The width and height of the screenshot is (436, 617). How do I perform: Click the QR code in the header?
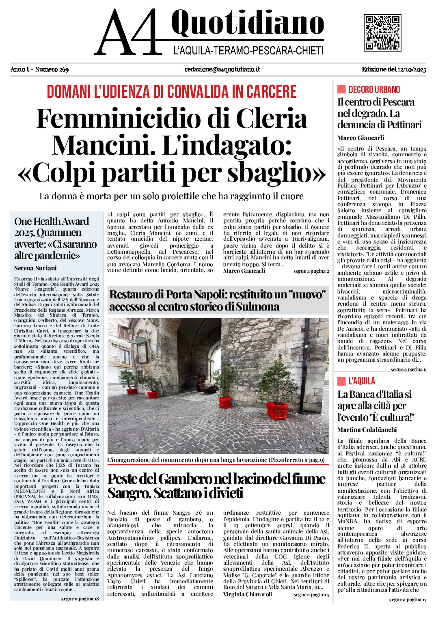(x=382, y=32)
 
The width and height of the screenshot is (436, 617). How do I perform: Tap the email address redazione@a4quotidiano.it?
(x=222, y=69)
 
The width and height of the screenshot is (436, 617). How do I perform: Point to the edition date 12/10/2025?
(x=412, y=69)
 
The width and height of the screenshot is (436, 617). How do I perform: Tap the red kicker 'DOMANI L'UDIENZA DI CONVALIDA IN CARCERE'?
(x=172, y=92)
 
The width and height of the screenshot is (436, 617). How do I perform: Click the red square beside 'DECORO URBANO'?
(x=341, y=89)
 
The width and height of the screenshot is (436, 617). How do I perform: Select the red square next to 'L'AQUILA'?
(x=341, y=381)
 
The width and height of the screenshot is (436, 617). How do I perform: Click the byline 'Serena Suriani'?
(x=35, y=268)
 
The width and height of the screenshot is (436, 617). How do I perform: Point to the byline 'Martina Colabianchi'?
(x=367, y=430)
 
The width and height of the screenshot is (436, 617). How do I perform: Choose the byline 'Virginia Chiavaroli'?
(x=248, y=594)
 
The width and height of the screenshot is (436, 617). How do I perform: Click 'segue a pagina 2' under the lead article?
(x=311, y=271)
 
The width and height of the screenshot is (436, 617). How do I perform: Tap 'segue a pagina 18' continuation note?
(x=80, y=599)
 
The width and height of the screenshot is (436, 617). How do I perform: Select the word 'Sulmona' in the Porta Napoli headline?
(x=257, y=306)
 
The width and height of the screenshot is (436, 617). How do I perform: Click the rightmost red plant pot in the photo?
(x=278, y=411)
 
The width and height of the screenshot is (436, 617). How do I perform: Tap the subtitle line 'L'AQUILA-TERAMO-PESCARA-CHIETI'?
(x=248, y=51)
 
